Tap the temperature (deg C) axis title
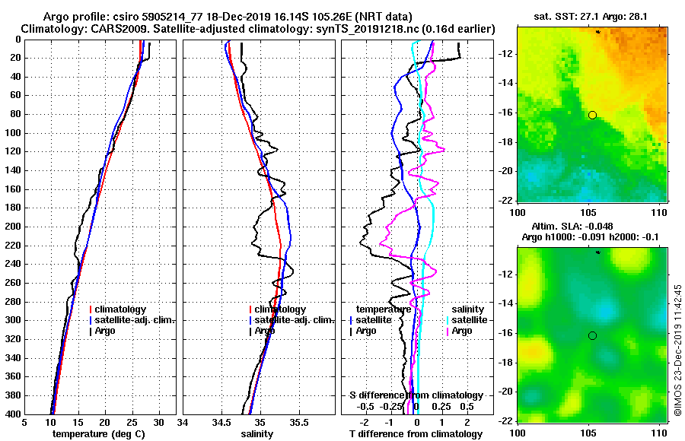click(x=98, y=434)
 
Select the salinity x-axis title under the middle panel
click(x=257, y=434)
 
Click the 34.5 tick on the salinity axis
click(x=221, y=423)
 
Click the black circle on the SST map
click(x=592, y=115)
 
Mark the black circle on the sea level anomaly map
click(x=592, y=335)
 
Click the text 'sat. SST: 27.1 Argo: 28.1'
click(x=592, y=16)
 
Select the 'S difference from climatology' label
click(x=416, y=395)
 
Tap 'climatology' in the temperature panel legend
click(x=120, y=309)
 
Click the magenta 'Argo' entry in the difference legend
click(x=461, y=331)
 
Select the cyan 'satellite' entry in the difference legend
click(x=467, y=320)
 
